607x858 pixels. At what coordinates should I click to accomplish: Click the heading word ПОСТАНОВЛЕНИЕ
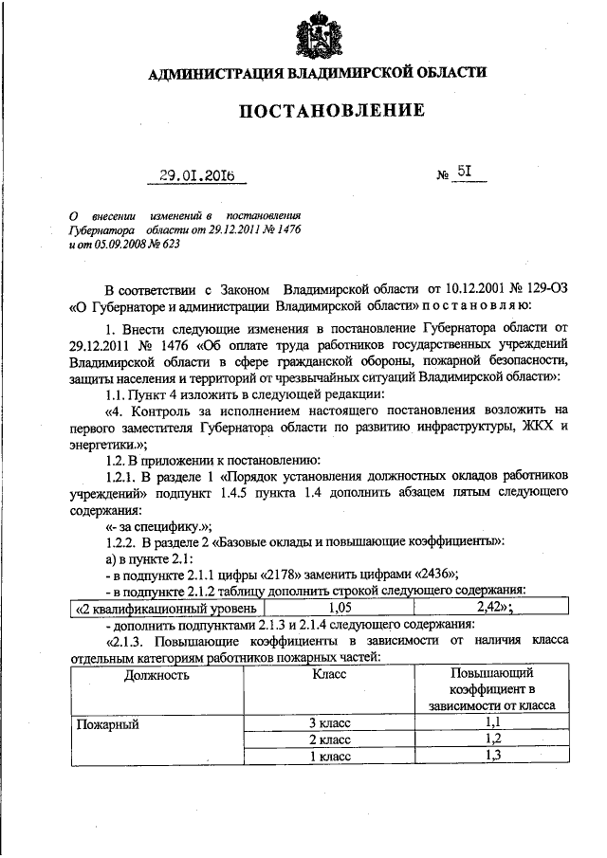(329, 112)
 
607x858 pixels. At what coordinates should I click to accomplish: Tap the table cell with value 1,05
(340, 609)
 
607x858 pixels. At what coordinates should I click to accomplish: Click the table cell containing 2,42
(496, 609)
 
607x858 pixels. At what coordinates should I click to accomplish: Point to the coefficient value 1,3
(492, 757)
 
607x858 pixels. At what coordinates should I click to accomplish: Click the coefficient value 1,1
(492, 723)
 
